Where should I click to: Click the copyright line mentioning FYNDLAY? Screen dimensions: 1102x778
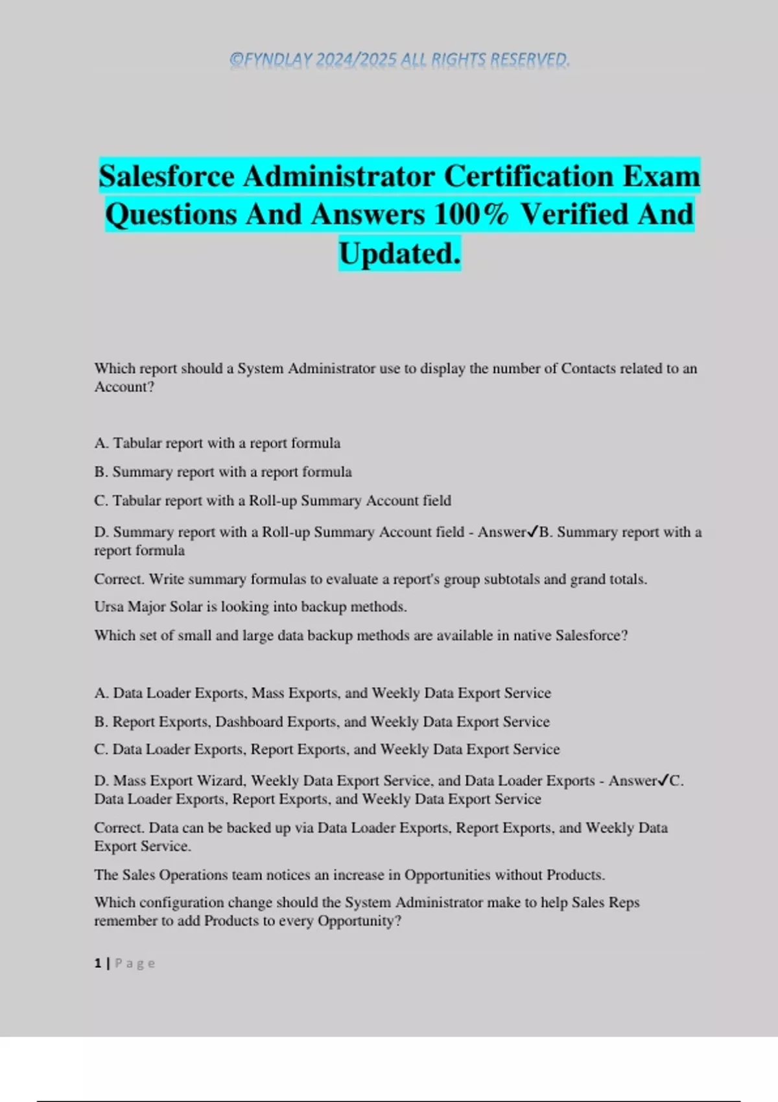coord(399,60)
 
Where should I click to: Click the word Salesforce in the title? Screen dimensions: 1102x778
coord(167,176)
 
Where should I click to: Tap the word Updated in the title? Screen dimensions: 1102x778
coord(399,253)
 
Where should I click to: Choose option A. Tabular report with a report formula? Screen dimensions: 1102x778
coord(217,443)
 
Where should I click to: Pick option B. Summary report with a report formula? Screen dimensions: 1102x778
coord(223,472)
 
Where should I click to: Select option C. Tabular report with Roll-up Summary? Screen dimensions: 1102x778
coord(273,501)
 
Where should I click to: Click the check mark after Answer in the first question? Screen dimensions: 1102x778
coord(533,532)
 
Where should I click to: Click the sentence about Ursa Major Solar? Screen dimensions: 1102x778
coord(250,607)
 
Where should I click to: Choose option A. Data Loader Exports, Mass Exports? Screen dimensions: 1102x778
coord(322,693)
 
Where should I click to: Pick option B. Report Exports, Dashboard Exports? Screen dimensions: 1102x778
coord(322,721)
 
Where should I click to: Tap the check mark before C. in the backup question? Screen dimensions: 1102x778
coord(663,780)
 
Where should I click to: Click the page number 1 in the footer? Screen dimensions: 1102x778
coord(98,963)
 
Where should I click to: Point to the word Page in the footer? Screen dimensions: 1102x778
coord(135,963)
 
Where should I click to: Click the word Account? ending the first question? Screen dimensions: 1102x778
coord(124,387)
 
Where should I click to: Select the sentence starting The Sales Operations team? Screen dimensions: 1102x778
coord(349,875)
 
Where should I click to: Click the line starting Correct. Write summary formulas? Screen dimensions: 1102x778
coord(370,579)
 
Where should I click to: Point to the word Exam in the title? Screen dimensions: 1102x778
coord(661,176)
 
